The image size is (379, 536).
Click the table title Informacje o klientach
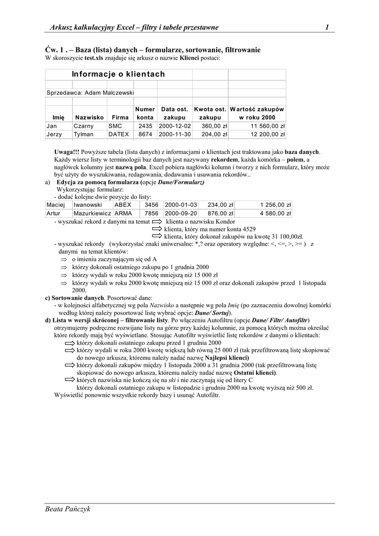tap(118, 74)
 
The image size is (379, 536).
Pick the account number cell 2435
tap(145, 126)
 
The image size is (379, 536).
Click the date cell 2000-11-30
tap(175, 135)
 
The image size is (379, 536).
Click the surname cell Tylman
tap(84, 135)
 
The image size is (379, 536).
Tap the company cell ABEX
tap(123, 205)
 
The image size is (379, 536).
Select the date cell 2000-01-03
tap(181, 205)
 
